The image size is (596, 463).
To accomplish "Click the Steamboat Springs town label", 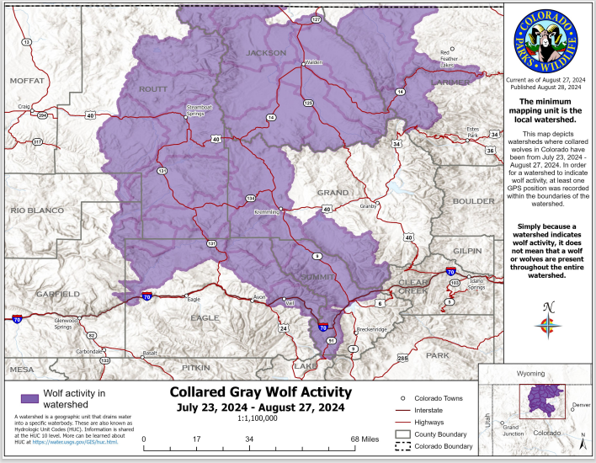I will tap(200, 109).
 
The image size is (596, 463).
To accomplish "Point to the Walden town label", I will tap(313, 62).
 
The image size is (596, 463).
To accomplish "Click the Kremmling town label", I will tap(268, 212).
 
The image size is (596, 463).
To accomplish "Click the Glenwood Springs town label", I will tap(66, 323).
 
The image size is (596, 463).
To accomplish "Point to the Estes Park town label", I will tap(471, 132).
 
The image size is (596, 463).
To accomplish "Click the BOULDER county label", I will tap(474, 201).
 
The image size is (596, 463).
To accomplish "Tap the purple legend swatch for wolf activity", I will tap(30, 397).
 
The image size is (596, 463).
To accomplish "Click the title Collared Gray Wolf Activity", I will tap(261, 391).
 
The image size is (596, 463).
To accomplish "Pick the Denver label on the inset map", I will tap(581, 405).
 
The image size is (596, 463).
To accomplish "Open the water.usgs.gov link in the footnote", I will tap(82, 442).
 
